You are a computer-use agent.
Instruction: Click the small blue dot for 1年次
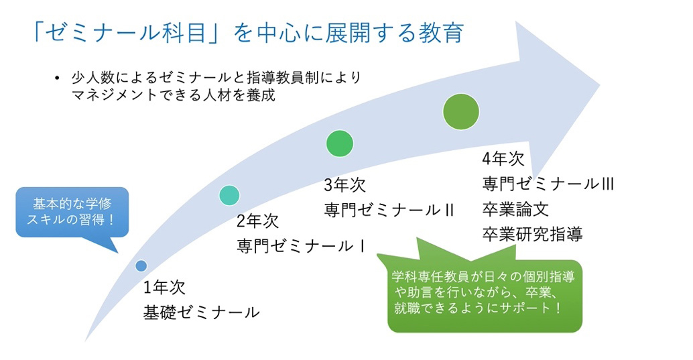[x=141, y=265]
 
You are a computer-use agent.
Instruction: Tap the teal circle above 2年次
[x=229, y=196]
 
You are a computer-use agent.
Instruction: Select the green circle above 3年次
[x=339, y=143]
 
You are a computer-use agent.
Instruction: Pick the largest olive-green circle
[x=461, y=111]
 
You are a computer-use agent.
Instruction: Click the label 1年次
[x=164, y=288]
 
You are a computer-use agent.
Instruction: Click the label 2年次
[x=257, y=221]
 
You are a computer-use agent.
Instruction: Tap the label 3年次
[x=344, y=185]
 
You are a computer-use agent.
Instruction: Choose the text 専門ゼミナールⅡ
[x=389, y=210]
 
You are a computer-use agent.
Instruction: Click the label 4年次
[x=503, y=159]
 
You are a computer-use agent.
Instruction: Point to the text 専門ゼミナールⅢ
[x=548, y=184]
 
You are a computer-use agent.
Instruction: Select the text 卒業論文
[x=515, y=209]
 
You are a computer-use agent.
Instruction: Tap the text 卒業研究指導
[x=532, y=235]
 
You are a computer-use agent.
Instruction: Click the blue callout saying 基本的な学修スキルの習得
[x=72, y=213]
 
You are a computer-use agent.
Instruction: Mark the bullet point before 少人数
[x=56, y=78]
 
